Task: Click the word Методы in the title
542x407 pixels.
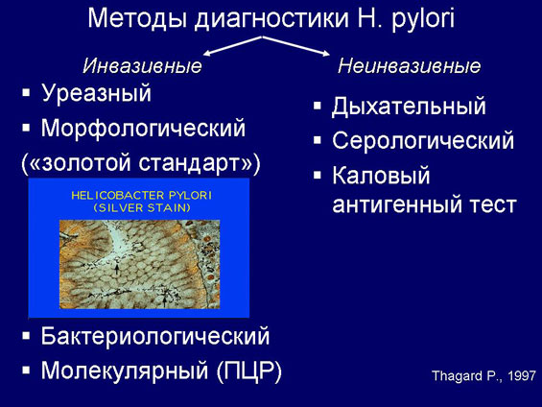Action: coord(137,18)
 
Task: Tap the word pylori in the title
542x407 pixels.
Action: coord(423,19)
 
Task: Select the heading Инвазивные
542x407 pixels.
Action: coord(142,65)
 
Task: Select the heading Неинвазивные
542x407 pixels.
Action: coord(410,65)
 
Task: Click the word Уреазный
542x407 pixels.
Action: coord(97,93)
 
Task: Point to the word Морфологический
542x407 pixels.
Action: coord(143,129)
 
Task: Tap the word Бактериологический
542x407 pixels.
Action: coord(155,336)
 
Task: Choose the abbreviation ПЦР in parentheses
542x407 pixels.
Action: coord(248,371)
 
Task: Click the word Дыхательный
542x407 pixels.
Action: coord(409,107)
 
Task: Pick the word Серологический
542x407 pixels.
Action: coord(423,141)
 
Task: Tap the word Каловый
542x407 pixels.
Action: coord(381,176)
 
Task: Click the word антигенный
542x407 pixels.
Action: coord(398,204)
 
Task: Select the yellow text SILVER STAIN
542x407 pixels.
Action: coord(142,208)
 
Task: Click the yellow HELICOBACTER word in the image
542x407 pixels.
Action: coord(119,196)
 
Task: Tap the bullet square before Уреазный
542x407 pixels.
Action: coord(26,93)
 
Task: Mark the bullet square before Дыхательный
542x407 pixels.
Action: coord(318,106)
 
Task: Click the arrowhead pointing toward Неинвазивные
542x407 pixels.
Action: coord(325,53)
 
